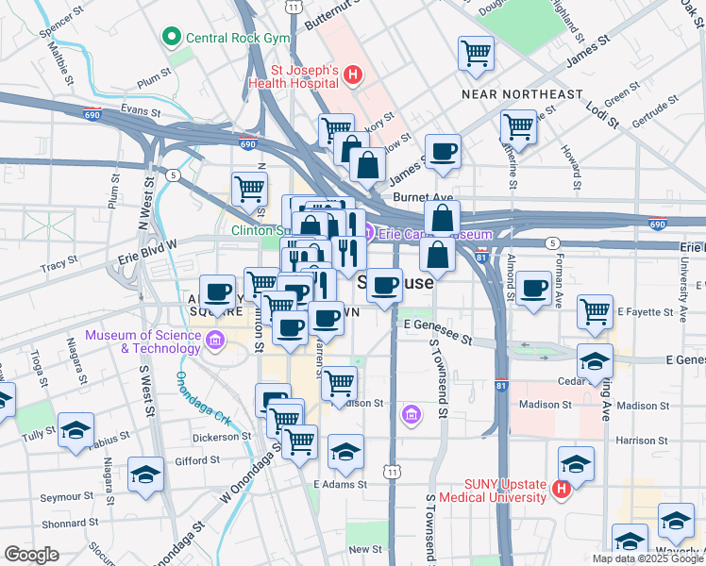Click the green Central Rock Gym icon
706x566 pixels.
pos(172,39)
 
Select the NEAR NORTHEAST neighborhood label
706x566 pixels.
pos(522,94)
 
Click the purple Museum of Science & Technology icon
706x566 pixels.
pos(215,339)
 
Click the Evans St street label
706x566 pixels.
pos(135,110)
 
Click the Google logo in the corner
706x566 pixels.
pos(31,555)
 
